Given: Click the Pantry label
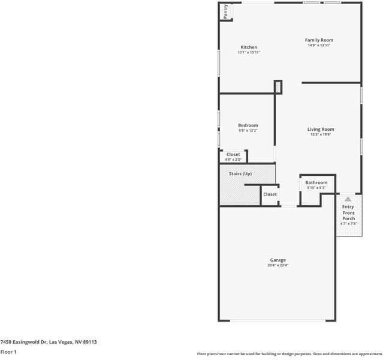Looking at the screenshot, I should point(225,12).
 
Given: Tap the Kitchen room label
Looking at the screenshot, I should point(249,47).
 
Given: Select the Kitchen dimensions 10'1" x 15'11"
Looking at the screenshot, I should point(249,53).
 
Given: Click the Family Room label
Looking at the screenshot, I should point(319,40).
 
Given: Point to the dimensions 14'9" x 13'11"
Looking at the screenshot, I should point(319,46).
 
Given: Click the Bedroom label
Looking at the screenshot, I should point(248,125).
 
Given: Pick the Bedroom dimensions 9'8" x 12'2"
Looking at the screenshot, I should point(248,131).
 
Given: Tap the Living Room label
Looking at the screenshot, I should point(321,129).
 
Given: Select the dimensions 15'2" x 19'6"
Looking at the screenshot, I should point(321,134).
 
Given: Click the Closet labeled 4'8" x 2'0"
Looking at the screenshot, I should point(233,155).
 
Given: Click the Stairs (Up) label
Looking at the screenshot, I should point(240,173).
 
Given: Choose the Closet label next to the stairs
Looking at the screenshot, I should point(270,194).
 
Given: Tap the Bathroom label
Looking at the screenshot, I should point(316,182).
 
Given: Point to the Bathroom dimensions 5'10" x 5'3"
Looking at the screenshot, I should point(316,188).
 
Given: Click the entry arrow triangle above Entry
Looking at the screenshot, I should point(348,199).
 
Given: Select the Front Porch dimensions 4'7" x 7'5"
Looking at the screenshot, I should point(348,224).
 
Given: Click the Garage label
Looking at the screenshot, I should point(278,260).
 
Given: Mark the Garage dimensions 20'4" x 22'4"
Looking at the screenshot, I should point(278,265).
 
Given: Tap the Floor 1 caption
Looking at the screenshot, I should point(8,352).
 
